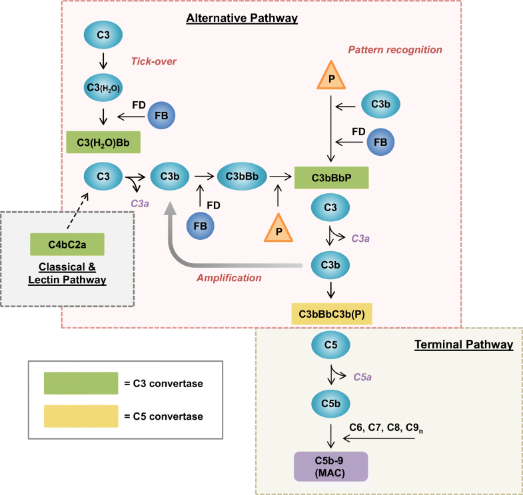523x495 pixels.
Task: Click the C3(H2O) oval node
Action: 103,87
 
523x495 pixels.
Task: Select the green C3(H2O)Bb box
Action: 103,143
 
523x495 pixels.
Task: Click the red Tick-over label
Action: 155,62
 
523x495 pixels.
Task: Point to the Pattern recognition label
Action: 394,49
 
